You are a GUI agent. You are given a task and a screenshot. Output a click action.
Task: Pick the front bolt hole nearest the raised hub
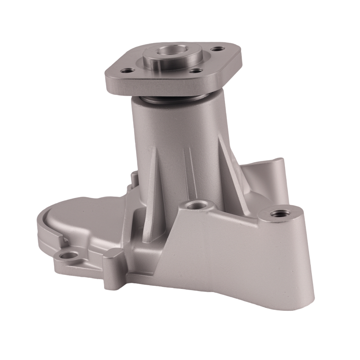coord(195,71)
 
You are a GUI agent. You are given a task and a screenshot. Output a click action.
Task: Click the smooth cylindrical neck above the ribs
coord(176,122)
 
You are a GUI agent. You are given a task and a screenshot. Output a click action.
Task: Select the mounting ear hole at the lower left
coord(68,256)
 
